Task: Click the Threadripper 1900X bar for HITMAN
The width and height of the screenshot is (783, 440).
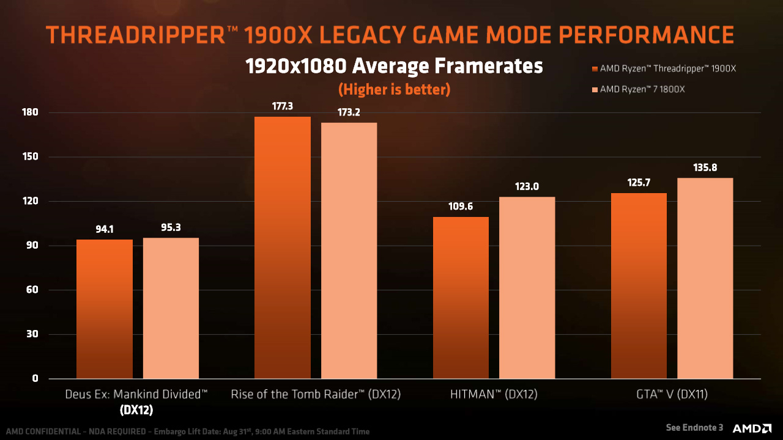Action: click(461, 298)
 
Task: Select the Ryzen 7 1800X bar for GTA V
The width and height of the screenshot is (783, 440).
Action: click(705, 278)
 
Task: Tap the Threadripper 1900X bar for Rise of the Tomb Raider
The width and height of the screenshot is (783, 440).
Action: click(282, 248)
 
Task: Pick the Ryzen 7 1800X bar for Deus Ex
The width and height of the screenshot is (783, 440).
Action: click(171, 308)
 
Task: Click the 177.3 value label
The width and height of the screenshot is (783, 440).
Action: click(282, 106)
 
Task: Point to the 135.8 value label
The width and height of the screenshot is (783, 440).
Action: click(705, 167)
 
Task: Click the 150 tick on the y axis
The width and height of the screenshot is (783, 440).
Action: click(31, 157)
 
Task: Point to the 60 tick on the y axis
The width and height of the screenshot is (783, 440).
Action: click(33, 290)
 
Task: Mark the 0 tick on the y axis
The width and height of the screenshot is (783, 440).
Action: click(35, 379)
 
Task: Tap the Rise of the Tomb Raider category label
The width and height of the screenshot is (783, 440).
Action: click(316, 395)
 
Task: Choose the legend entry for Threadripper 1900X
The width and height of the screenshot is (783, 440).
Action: click(664, 68)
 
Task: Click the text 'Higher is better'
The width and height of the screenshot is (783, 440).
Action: click(394, 89)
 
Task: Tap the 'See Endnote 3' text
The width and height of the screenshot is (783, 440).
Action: click(694, 427)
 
